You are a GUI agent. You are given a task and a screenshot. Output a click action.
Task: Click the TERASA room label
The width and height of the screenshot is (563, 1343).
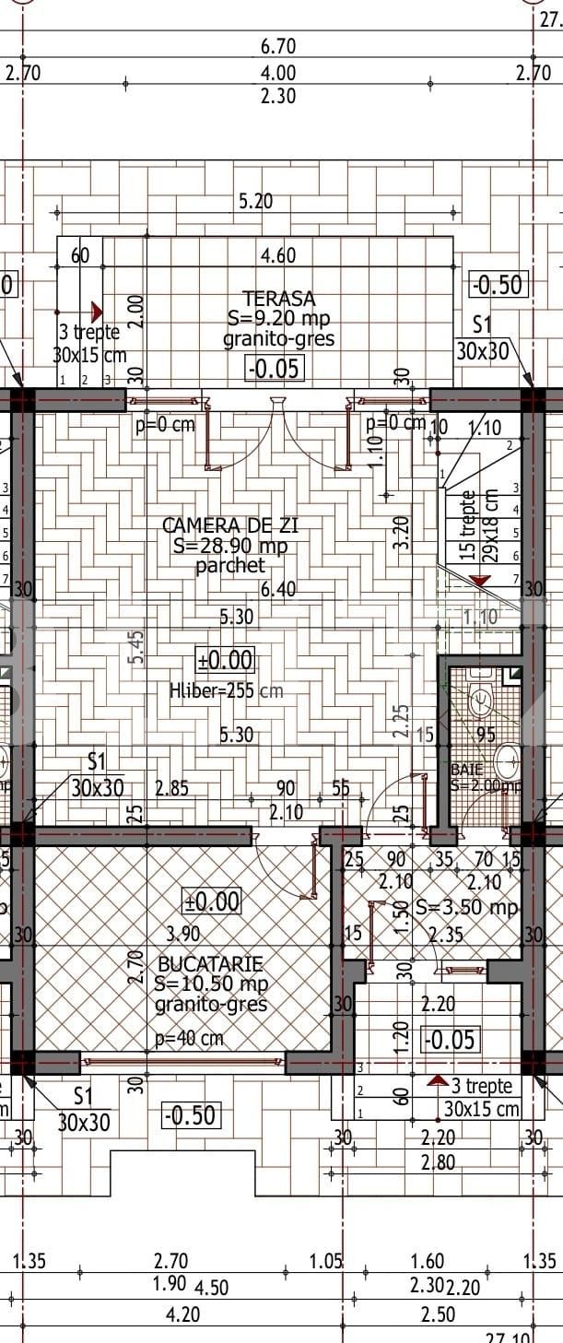[x=278, y=299]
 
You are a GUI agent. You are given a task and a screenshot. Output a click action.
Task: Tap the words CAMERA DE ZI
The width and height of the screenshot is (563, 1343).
[x=229, y=525]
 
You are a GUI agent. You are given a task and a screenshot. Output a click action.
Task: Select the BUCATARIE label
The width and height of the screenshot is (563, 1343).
[x=210, y=964]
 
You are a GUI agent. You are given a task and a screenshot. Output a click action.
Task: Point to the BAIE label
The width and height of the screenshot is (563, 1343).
[x=466, y=768]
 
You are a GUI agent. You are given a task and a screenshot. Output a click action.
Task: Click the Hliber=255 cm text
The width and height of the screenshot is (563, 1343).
[x=226, y=689]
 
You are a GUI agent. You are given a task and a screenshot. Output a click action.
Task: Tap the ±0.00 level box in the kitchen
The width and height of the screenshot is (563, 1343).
[x=212, y=901]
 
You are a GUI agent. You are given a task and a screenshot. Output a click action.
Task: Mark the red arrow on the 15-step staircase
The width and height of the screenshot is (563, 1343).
[x=479, y=580]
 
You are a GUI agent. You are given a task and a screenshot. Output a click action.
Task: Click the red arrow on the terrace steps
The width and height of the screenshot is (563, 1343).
[x=97, y=312]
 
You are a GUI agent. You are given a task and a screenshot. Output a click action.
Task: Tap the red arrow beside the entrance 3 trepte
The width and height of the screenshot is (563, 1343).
[x=438, y=1080]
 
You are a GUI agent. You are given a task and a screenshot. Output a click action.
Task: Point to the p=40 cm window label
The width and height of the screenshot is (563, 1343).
[x=188, y=1039]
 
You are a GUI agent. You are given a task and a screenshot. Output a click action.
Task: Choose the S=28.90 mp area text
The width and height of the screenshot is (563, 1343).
[x=229, y=546]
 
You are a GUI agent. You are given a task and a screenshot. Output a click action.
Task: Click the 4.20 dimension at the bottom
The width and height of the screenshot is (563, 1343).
[x=181, y=1314]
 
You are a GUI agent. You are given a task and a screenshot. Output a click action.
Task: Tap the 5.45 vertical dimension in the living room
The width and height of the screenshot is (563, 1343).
[x=136, y=647]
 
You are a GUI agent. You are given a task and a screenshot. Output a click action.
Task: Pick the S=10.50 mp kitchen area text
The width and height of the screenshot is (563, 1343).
[x=211, y=984]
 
